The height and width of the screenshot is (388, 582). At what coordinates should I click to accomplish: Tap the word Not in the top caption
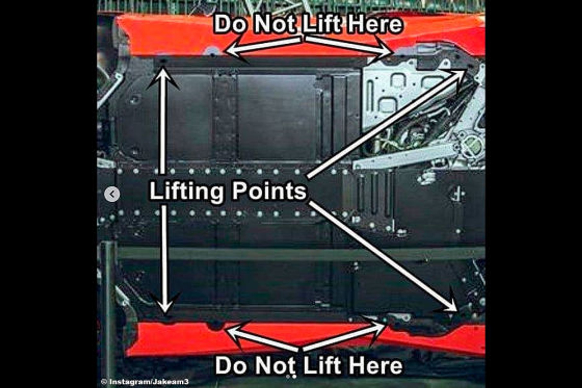pyautogui.click(x=274, y=24)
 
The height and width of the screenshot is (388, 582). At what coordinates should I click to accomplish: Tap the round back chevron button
pyautogui.click(x=112, y=194)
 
